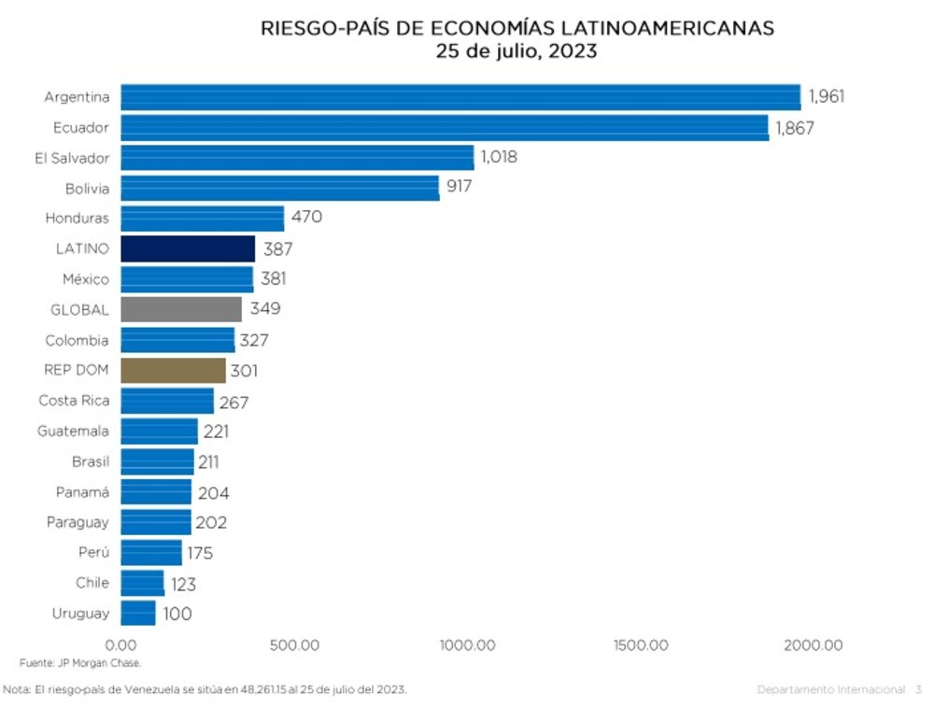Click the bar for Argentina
point(460,97)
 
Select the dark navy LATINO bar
point(188,248)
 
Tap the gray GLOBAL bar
point(181,309)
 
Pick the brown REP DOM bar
point(173,370)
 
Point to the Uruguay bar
point(138,613)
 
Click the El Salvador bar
point(297,158)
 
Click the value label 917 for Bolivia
point(459,187)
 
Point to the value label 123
point(182,584)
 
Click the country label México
point(86,279)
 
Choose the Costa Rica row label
point(74,401)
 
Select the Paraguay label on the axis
point(78,522)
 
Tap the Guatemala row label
point(73,432)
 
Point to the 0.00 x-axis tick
point(121,645)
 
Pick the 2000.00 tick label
point(812,645)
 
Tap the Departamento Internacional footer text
point(830,689)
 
